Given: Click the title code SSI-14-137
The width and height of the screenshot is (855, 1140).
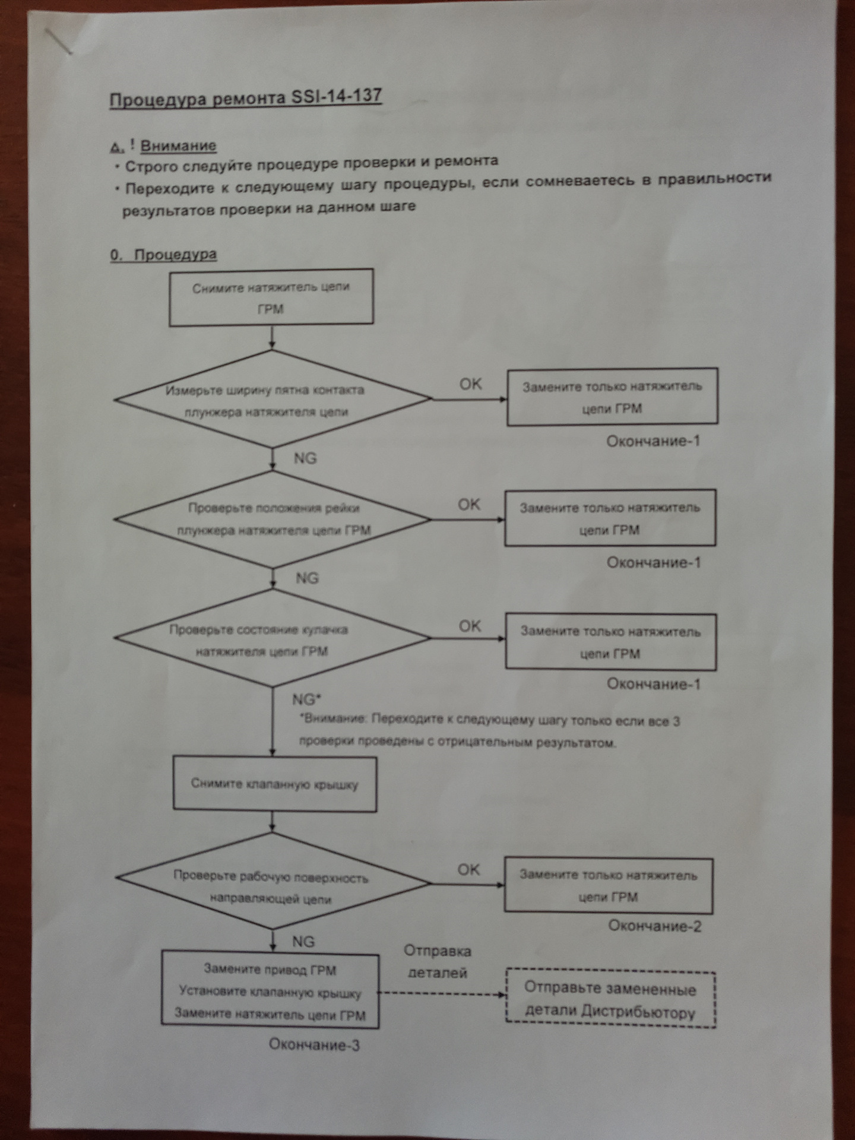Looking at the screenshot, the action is coord(336,96).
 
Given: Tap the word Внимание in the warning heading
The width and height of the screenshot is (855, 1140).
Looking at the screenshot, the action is coord(178,145).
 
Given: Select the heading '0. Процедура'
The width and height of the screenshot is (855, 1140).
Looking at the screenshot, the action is coord(163,255).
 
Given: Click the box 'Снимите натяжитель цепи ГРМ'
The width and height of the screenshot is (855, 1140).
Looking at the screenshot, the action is coord(271,297).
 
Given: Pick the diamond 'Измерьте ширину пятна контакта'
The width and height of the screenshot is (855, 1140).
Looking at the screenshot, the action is coord(273,399).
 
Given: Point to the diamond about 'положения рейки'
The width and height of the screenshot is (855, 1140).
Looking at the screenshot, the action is coord(273,519).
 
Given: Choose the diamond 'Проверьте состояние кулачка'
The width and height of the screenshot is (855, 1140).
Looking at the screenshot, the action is coord(273,638).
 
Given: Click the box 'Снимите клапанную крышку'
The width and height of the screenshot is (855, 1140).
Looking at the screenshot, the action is coord(275,783).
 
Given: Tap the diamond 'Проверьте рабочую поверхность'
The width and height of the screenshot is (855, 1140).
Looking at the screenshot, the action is coord(273,881).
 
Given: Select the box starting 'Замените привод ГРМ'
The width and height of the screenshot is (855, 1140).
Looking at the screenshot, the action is coord(270,991).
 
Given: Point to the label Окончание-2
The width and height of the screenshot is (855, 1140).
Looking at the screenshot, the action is coord(654,926).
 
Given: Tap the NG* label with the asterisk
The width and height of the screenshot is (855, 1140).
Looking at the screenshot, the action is coord(306,699).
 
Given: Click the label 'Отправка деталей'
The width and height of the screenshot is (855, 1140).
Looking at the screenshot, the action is coord(438,962).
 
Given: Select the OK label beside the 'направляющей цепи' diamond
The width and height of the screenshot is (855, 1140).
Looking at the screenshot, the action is coord(468,869).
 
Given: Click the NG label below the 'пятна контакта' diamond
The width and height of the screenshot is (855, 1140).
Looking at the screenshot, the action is coord(305,458).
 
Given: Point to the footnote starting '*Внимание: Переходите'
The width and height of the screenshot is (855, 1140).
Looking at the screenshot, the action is coord(489,731).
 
